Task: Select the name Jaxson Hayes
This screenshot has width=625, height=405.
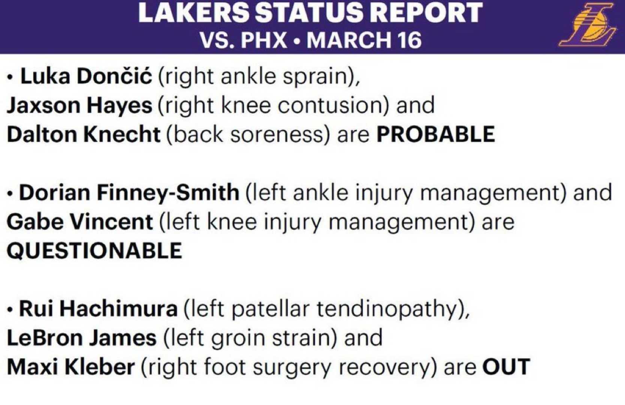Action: click(79, 105)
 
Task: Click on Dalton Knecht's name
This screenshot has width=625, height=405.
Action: click(84, 134)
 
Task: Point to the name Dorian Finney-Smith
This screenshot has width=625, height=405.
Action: click(129, 192)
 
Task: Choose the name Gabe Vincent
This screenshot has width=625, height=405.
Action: click(79, 222)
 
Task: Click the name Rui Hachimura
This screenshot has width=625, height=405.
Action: click(98, 309)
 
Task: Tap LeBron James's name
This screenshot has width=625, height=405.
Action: click(82, 337)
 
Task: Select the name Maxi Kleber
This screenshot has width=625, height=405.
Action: click(71, 366)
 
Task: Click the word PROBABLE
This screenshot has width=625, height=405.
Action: click(435, 134)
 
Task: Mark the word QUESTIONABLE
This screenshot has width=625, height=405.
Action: click(94, 250)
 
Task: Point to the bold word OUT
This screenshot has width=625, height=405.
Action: click(506, 366)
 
